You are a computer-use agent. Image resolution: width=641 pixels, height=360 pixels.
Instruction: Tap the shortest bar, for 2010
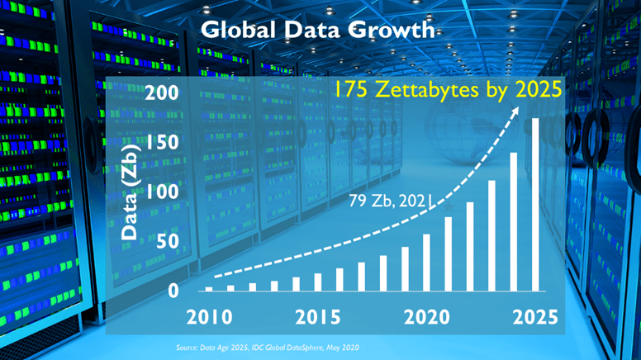pos(209,289)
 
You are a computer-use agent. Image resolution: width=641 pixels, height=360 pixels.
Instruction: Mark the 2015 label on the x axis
pos(317,317)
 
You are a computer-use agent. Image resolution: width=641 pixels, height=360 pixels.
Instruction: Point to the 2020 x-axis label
pos(426,317)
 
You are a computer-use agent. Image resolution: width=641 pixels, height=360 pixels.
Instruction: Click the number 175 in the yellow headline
pos(352,88)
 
